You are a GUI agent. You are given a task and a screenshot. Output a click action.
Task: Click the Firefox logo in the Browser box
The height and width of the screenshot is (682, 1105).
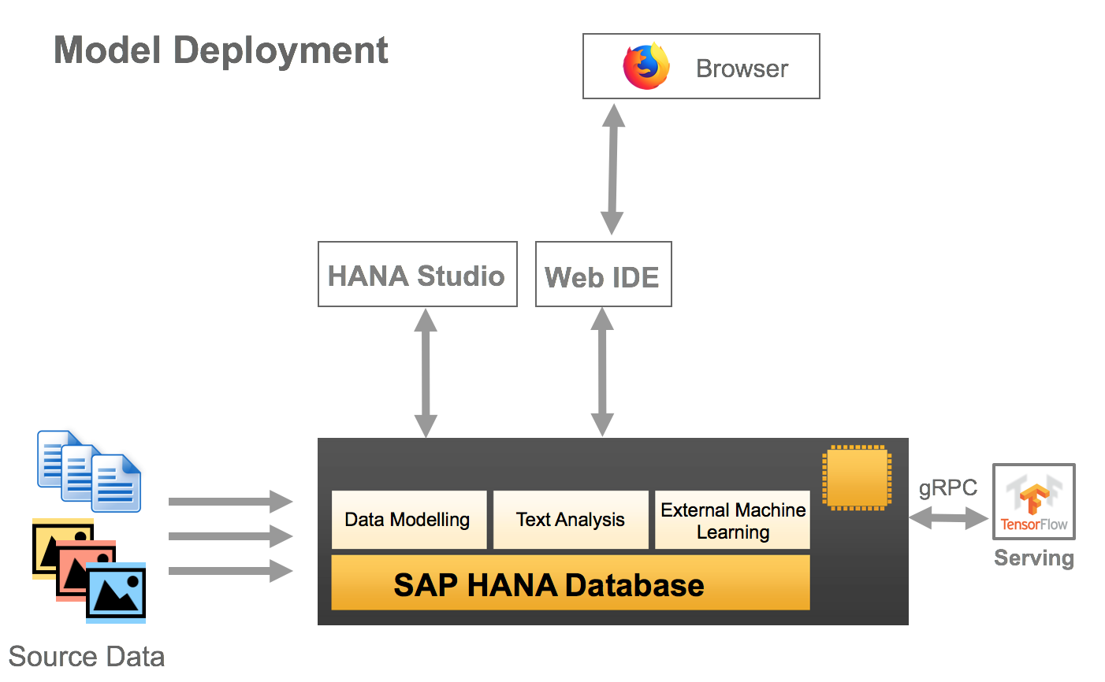click(646, 67)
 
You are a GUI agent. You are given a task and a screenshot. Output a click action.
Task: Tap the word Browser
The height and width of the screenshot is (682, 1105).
click(742, 69)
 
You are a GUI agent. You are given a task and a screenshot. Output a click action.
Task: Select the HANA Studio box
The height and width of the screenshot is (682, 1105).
click(417, 274)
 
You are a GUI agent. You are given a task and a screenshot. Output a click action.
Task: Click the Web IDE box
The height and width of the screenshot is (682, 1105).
click(603, 275)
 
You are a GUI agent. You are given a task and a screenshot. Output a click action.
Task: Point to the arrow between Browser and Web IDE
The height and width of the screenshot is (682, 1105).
click(612, 169)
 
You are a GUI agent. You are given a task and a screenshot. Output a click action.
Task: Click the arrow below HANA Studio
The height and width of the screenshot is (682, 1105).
click(426, 373)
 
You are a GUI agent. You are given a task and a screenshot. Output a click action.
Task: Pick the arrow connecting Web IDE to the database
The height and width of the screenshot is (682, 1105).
click(602, 372)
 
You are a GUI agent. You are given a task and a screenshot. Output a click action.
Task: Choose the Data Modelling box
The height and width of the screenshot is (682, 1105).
click(408, 520)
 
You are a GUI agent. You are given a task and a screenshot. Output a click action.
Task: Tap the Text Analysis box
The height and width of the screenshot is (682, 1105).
click(571, 520)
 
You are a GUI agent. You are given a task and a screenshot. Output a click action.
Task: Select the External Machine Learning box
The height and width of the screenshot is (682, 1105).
click(732, 521)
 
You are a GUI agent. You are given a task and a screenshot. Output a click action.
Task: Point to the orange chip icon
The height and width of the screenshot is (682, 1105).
click(857, 477)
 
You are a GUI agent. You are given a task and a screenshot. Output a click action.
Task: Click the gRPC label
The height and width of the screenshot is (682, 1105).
click(947, 488)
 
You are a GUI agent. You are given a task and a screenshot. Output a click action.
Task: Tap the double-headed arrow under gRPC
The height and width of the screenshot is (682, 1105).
click(948, 517)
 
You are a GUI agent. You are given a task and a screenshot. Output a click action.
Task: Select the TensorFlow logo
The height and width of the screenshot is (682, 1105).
click(1033, 502)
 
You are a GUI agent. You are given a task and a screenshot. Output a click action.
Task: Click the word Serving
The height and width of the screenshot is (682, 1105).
click(1033, 558)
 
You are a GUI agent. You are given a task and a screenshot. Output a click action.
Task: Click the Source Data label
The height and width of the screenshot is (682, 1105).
click(87, 656)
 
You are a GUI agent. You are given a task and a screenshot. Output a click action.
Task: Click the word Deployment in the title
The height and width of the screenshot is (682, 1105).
click(281, 50)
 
